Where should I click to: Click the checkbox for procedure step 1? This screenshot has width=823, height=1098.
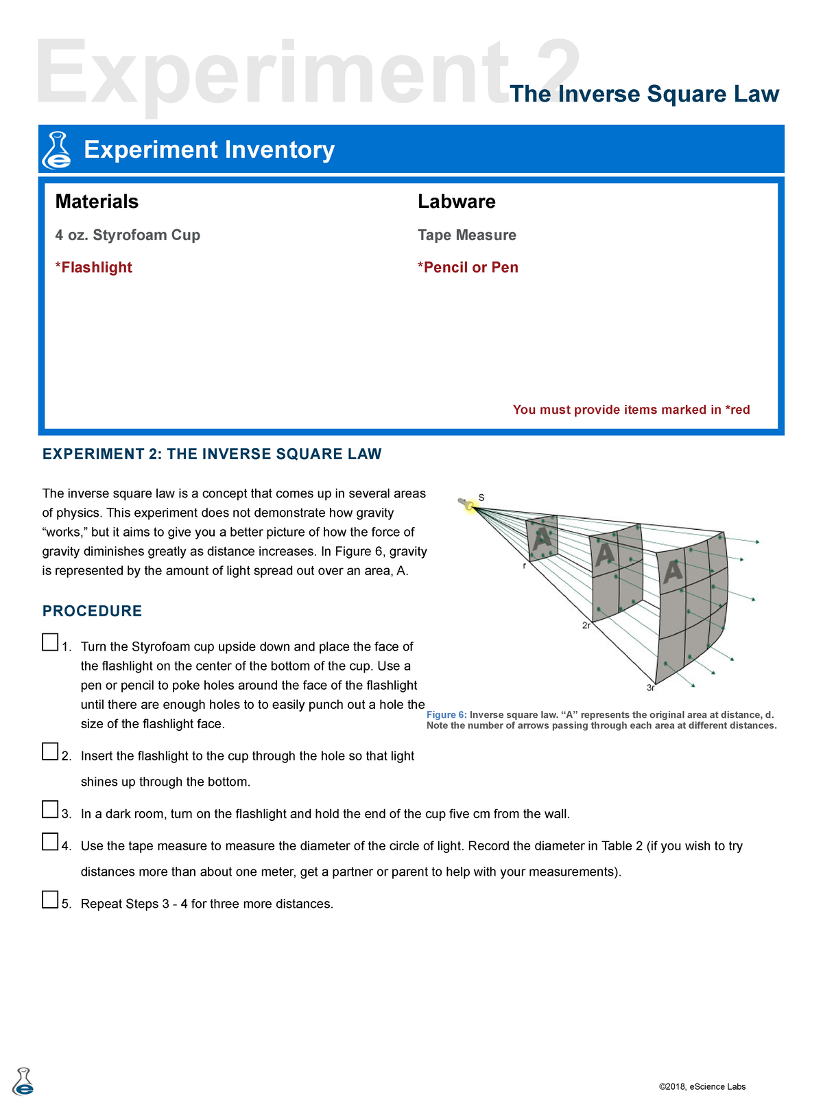[x=50, y=642]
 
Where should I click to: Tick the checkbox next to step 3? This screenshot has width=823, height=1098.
[x=50, y=810]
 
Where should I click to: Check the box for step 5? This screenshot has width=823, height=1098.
[x=50, y=900]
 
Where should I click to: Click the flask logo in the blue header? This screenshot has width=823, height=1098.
[x=57, y=150]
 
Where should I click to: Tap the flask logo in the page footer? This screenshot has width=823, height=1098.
[x=23, y=1082]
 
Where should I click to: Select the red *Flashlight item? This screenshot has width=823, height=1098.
[x=93, y=268]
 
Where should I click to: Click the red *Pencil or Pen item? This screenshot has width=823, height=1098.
[x=468, y=268]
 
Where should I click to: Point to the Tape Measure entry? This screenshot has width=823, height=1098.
[x=466, y=235]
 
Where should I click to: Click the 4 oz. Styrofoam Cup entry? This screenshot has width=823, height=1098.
[x=128, y=235]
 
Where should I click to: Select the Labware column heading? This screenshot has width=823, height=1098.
[x=456, y=202]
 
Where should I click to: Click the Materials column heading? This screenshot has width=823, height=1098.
[x=97, y=202]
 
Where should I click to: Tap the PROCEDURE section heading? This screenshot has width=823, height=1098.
[x=92, y=611]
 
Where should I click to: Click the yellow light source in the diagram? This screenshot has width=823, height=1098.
[x=470, y=506]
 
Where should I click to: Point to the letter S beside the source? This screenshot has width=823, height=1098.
[x=481, y=498]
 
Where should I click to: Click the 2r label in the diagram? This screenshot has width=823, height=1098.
[x=586, y=626]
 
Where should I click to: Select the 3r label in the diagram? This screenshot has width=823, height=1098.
[x=650, y=688]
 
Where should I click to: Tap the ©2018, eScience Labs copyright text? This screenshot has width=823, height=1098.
[x=702, y=1086]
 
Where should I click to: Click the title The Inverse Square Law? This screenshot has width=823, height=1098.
[x=644, y=94]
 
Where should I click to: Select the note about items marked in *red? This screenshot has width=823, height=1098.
[x=631, y=410]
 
